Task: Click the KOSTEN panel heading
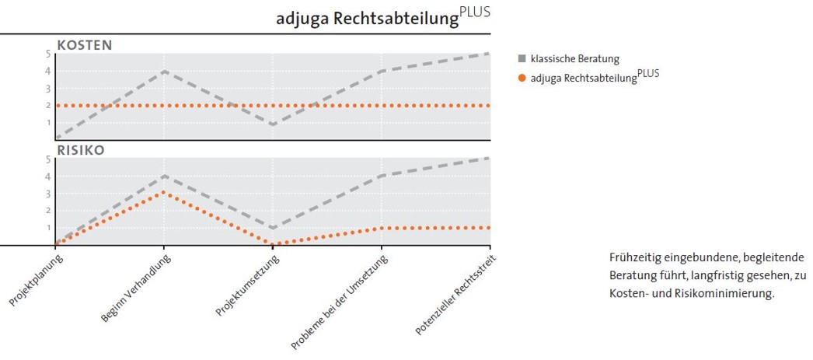85,45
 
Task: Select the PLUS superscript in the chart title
475,12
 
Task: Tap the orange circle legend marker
522,77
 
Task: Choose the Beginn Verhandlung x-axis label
136,288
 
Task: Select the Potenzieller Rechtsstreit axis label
455,295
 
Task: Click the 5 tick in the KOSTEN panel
47,54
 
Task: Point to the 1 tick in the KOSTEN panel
47,122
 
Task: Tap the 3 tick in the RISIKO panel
47,194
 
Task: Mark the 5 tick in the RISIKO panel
47,159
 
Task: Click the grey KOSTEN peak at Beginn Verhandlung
164,72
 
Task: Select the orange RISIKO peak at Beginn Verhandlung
164,192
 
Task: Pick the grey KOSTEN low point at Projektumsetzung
273,124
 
